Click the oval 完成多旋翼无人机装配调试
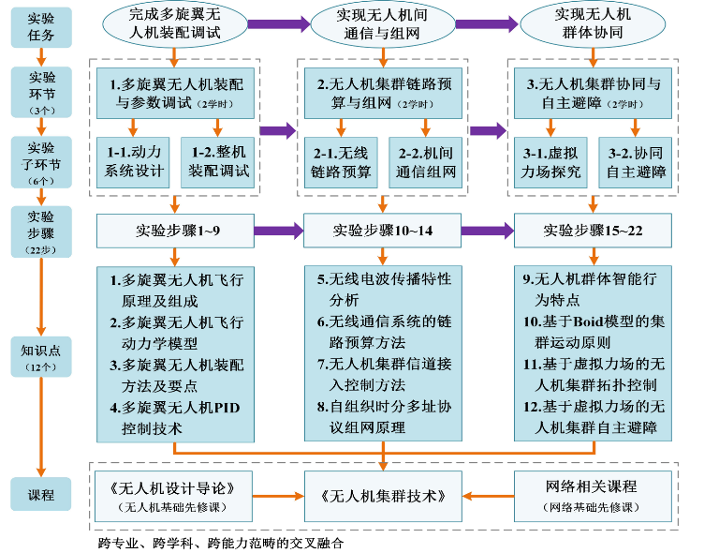[175, 23]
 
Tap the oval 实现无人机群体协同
[593, 23]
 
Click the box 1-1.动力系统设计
[131, 162]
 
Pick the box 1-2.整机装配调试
[217, 162]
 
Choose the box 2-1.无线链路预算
[339, 162]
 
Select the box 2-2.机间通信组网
[426, 162]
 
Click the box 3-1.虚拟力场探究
[549, 162]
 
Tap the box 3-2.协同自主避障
[637, 162]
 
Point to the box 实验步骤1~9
[174, 228]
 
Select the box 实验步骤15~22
[593, 228]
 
